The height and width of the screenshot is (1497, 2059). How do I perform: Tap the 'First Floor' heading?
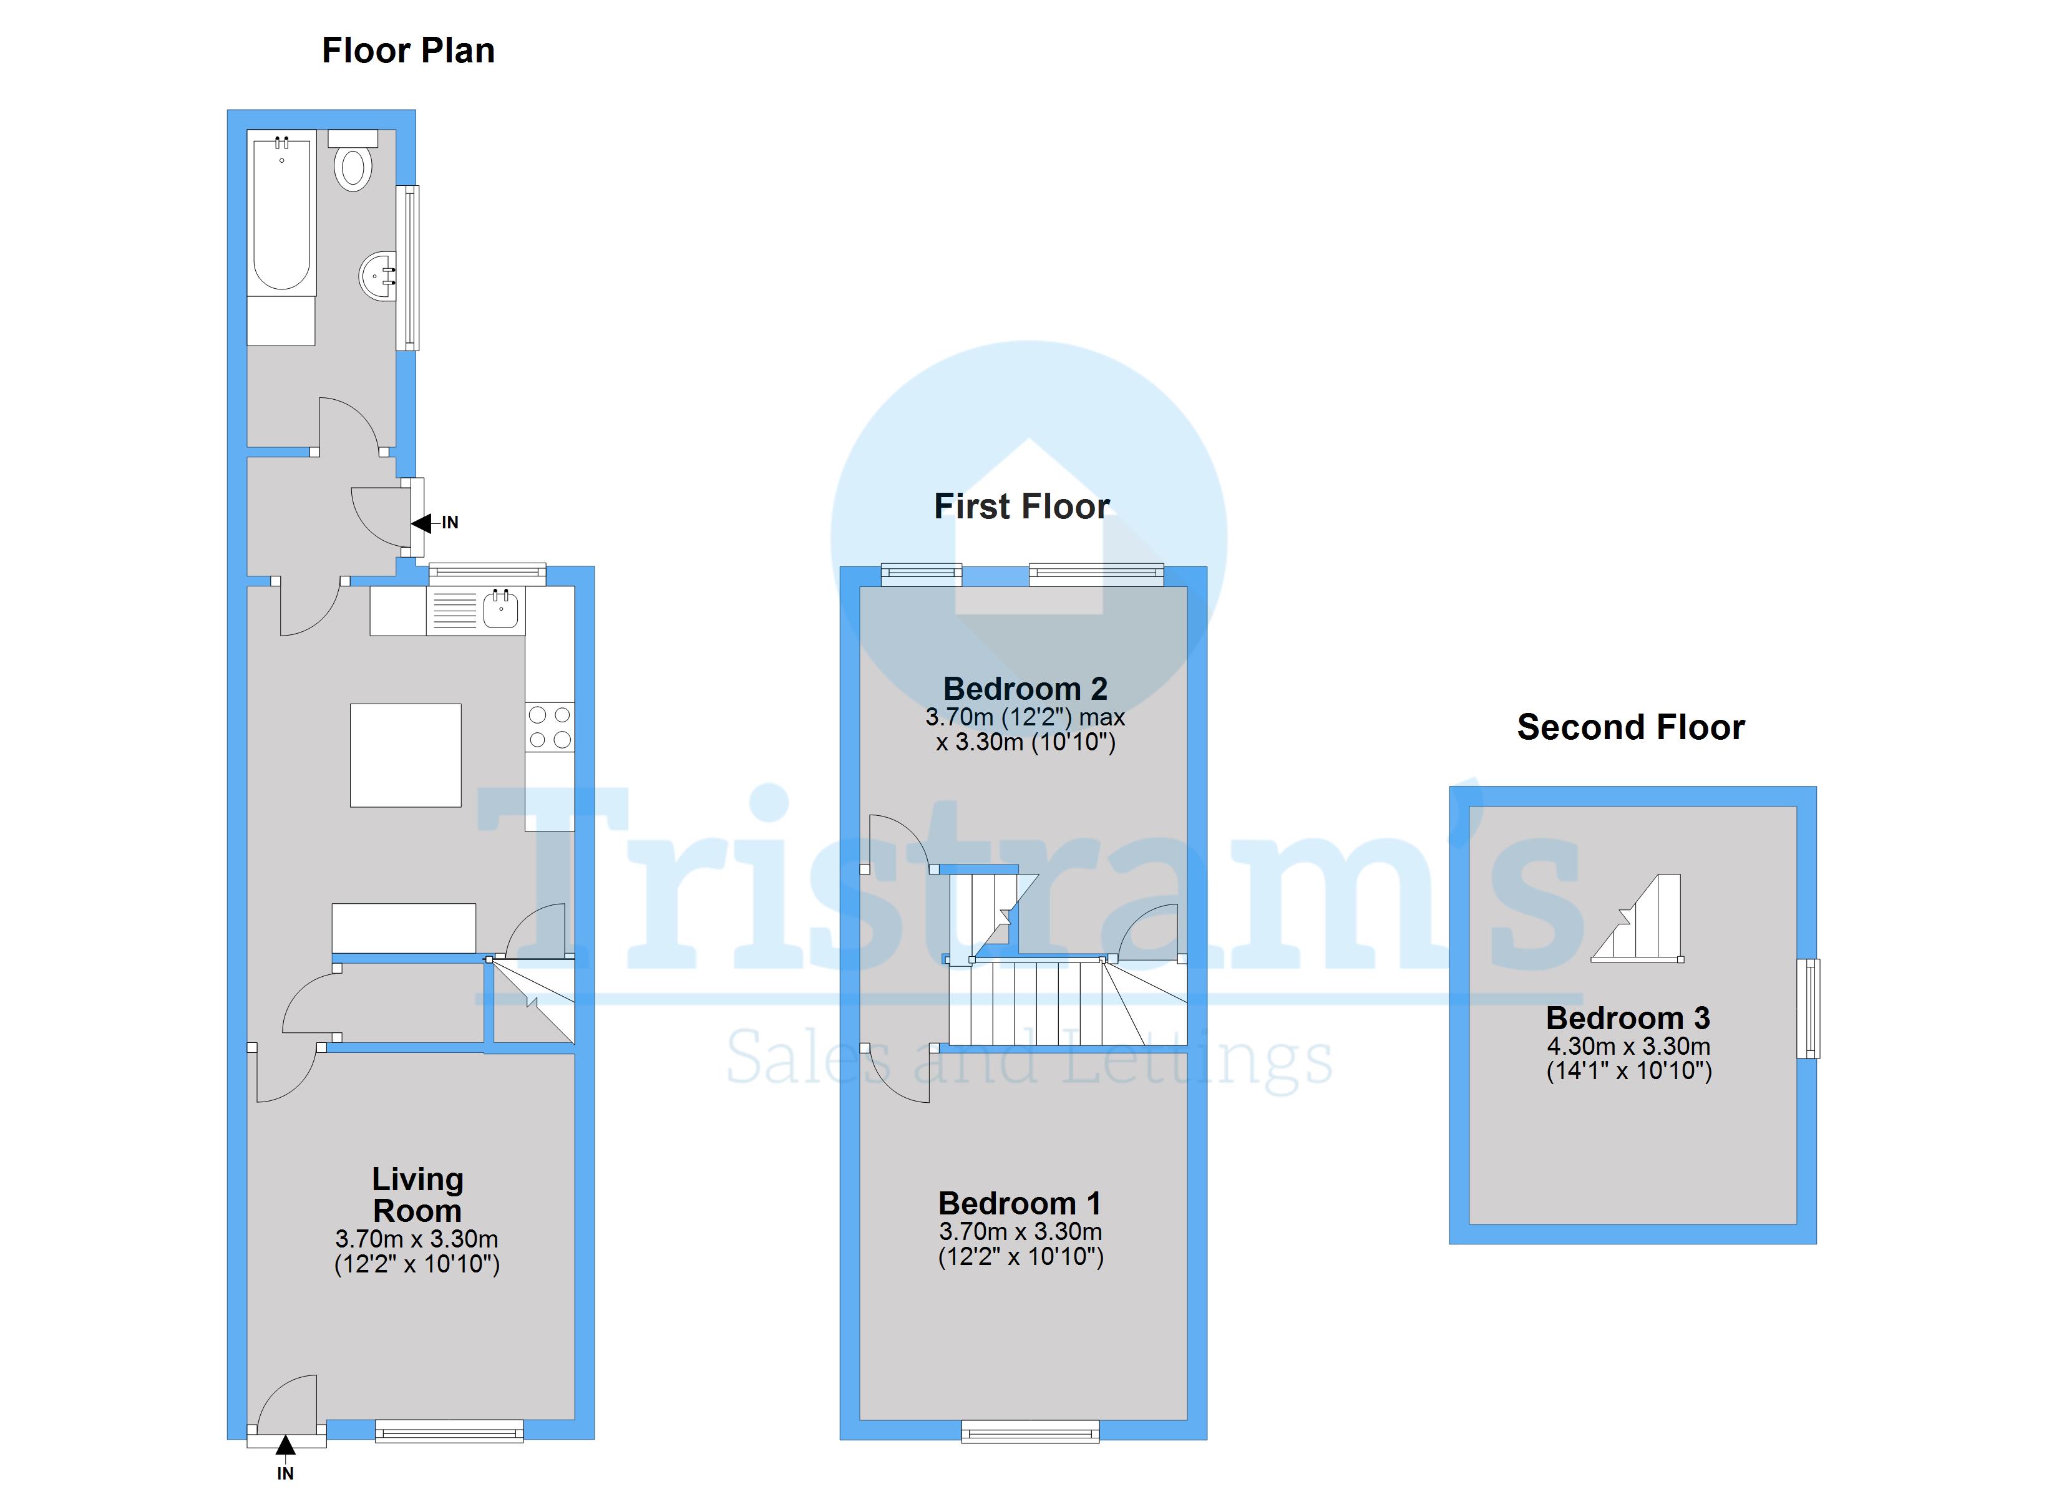tap(1021, 506)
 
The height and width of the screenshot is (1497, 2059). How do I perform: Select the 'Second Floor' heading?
tap(1630, 727)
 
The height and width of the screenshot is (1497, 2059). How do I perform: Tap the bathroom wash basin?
tap(379, 275)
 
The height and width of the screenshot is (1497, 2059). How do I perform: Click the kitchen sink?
tap(500, 608)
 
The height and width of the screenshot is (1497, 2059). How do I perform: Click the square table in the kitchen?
tap(406, 755)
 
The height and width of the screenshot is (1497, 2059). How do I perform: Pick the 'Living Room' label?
tap(417, 1194)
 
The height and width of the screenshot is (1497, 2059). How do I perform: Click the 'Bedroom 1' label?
tap(1020, 1204)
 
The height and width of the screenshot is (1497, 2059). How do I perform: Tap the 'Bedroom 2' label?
tap(1025, 689)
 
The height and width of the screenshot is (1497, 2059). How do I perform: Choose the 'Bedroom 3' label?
tap(1628, 1018)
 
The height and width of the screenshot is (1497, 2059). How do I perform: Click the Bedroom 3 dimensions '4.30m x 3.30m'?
tap(1628, 1046)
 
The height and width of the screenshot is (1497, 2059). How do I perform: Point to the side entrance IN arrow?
tap(423, 523)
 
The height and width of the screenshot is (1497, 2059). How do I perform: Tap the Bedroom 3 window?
tap(1808, 1009)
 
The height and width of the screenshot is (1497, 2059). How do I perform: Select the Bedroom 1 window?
tap(1030, 1433)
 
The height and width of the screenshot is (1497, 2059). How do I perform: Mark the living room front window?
tap(449, 1432)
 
